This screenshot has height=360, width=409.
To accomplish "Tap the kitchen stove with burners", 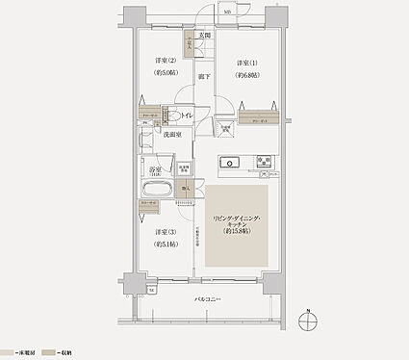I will (263, 162).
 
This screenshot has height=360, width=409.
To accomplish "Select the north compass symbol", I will (306, 322).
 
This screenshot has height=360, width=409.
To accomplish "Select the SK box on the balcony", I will (151, 289).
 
